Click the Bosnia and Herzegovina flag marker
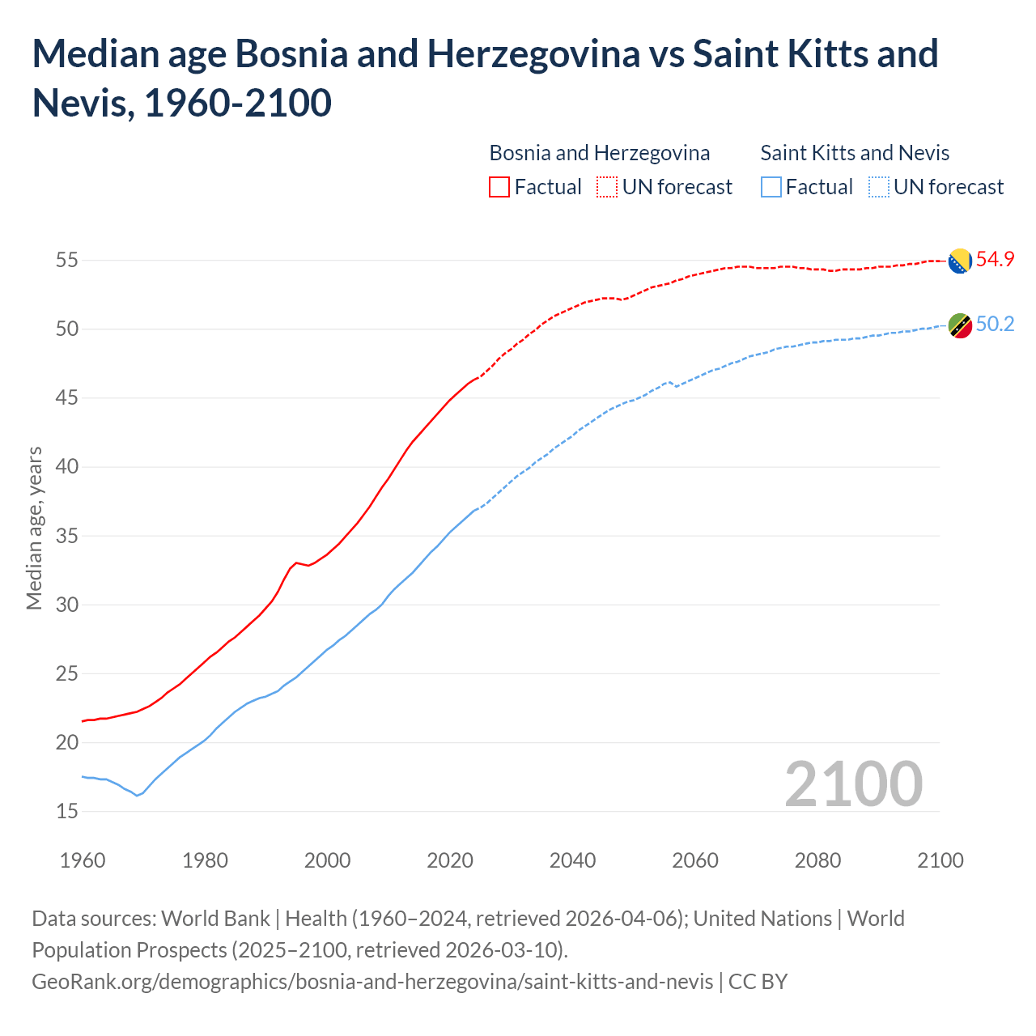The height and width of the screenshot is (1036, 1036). [x=960, y=261]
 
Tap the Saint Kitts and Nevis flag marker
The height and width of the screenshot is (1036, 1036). [x=960, y=326]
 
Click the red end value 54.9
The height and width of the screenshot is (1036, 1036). [x=995, y=260]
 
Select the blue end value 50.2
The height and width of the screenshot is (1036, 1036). [x=995, y=325]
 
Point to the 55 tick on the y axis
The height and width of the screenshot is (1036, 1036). [x=66, y=261]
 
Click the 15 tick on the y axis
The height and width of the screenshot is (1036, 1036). [x=66, y=811]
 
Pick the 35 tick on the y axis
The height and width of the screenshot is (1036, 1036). [x=66, y=536]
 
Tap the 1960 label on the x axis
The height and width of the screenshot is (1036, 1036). [x=83, y=860]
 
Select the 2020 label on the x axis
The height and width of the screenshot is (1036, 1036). [x=450, y=860]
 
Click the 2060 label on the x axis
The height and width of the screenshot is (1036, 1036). [x=695, y=860]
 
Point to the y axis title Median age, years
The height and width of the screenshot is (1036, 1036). [x=34, y=528]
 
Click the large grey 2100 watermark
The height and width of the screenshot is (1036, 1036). [x=853, y=784]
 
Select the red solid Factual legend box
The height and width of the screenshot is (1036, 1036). [x=499, y=187]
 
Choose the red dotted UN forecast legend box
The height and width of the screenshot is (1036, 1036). [x=607, y=187]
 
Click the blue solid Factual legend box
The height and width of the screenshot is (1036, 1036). [x=771, y=187]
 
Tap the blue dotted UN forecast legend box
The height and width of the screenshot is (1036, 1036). [x=879, y=187]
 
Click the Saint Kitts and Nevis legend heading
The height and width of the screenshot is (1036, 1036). [x=855, y=153]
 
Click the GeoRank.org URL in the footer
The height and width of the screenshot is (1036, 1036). [x=372, y=982]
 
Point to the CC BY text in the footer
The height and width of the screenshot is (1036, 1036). [x=758, y=982]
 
